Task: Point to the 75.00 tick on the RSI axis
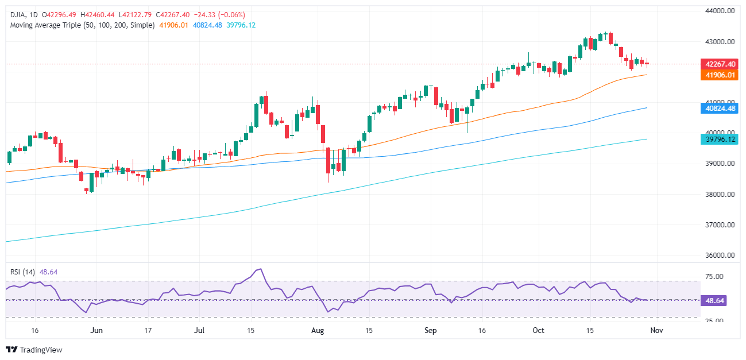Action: pyautogui.click(x=716, y=277)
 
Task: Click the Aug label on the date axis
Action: pyautogui.click(x=317, y=331)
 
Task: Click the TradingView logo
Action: pyautogui.click(x=34, y=350)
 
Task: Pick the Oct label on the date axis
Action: pyautogui.click(x=538, y=331)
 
